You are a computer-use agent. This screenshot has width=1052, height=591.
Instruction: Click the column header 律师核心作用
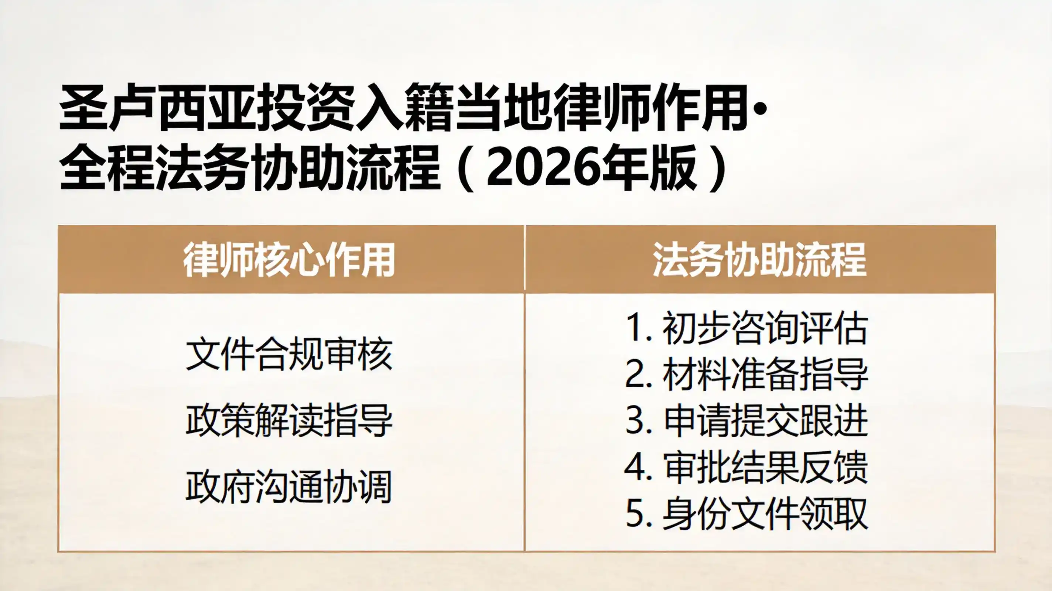pyautogui.click(x=289, y=260)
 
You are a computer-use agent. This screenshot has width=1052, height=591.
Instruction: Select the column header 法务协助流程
pyautogui.click(x=759, y=260)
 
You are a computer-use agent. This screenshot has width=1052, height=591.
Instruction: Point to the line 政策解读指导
pyautogui.click(x=289, y=421)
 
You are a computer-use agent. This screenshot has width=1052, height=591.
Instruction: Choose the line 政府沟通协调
pyautogui.click(x=289, y=486)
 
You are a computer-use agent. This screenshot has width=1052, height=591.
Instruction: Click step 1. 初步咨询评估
pyautogui.click(x=747, y=328)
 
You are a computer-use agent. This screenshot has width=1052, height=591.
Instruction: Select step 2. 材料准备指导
pyautogui.click(x=747, y=374)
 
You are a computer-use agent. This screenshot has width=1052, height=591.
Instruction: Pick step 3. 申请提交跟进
pyautogui.click(x=747, y=420)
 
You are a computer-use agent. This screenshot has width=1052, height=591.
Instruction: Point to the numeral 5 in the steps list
pyautogui.click(x=634, y=513)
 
